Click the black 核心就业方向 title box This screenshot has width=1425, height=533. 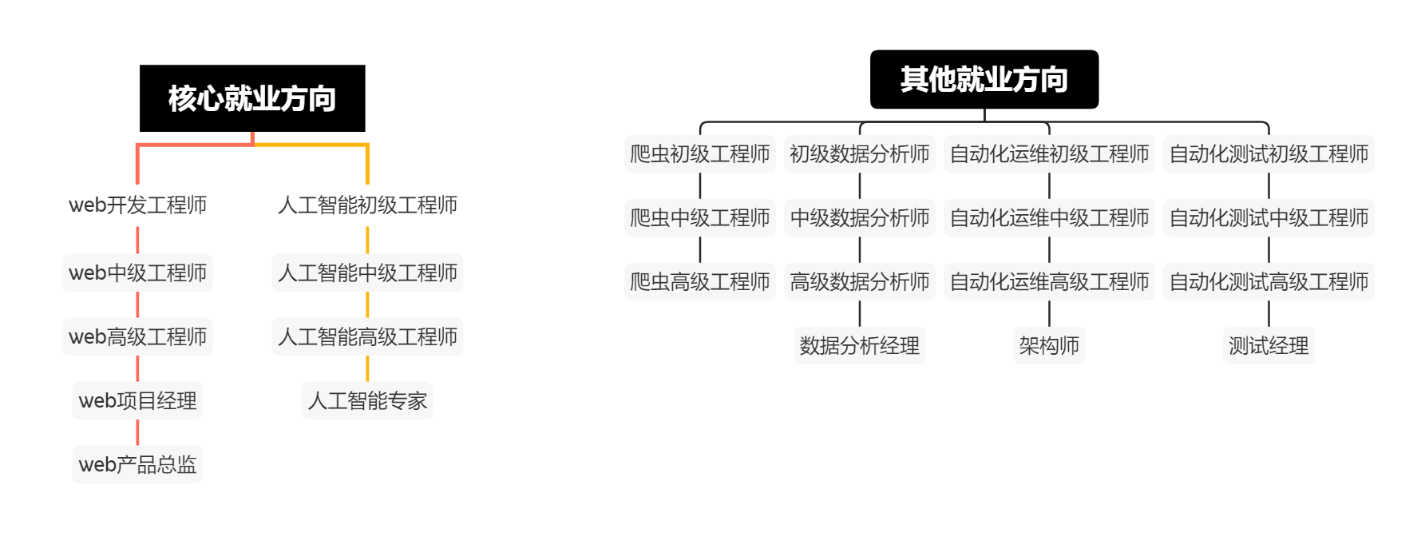pos(252,98)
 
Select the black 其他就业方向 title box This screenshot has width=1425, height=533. pos(984,79)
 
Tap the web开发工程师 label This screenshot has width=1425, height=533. pos(137,205)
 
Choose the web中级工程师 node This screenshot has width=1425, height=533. pos(137,273)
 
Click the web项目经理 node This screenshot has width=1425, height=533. pos(137,400)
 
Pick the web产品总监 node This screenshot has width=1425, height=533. pos(137,464)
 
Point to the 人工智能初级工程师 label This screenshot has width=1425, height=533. pos(367,205)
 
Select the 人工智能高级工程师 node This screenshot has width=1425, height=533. pos(367,336)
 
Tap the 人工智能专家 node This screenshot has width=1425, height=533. pos(367,400)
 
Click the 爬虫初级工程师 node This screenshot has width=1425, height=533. pos(699,153)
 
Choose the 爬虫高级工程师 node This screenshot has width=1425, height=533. pos(699,281)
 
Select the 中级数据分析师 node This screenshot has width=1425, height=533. pos(860,217)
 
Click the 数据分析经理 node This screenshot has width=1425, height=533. pos(860,345)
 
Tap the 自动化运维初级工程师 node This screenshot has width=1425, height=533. pos(1049,153)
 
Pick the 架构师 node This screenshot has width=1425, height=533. pos(1049,345)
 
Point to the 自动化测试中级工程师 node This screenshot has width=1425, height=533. pos(1269,217)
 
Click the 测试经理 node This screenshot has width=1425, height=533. pos(1269,345)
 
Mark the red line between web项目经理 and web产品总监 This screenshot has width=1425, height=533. pos(137,432)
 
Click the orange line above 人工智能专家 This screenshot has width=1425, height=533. pos(367,368)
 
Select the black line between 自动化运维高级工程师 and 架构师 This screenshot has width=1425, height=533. pos(1049,313)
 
